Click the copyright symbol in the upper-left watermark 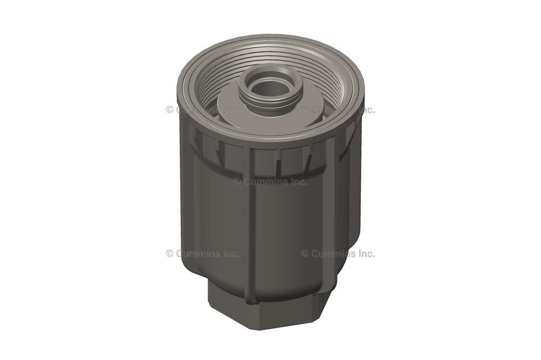[170, 110]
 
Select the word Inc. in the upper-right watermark [365, 110]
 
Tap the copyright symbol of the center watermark [237, 182]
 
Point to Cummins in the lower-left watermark [197, 253]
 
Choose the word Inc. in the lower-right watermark [365, 253]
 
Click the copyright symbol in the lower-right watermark [305, 253]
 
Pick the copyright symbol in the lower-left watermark [170, 253]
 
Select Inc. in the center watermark [297, 182]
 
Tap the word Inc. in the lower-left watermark [230, 253]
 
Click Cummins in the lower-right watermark [332, 253]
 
